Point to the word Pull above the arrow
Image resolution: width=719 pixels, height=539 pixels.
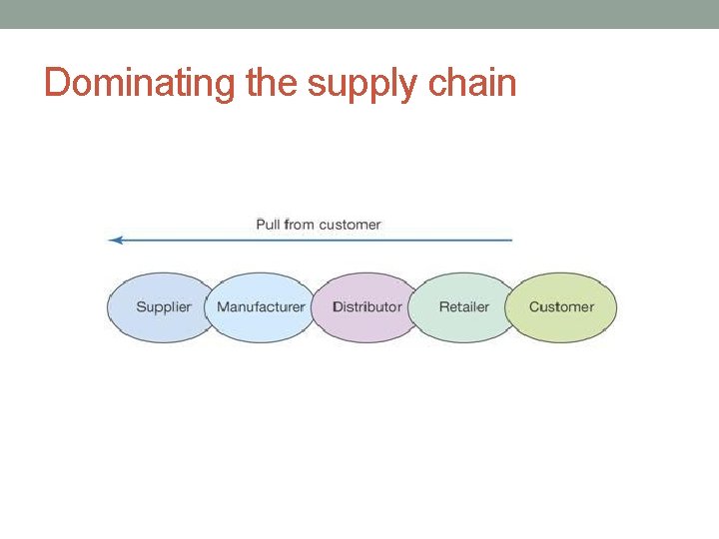268,225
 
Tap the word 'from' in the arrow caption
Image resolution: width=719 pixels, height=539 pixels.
299,225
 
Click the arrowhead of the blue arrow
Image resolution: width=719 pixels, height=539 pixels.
114,240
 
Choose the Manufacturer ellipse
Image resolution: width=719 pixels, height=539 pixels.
261,324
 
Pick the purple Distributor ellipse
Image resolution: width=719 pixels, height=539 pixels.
366,324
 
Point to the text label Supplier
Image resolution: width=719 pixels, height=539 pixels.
163,306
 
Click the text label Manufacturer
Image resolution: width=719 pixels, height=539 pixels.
261,306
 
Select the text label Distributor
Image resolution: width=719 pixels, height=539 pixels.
366,306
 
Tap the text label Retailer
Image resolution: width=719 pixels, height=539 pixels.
464,306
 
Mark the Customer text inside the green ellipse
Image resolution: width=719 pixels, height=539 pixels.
561,306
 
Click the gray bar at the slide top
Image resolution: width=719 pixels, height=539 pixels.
359,14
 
